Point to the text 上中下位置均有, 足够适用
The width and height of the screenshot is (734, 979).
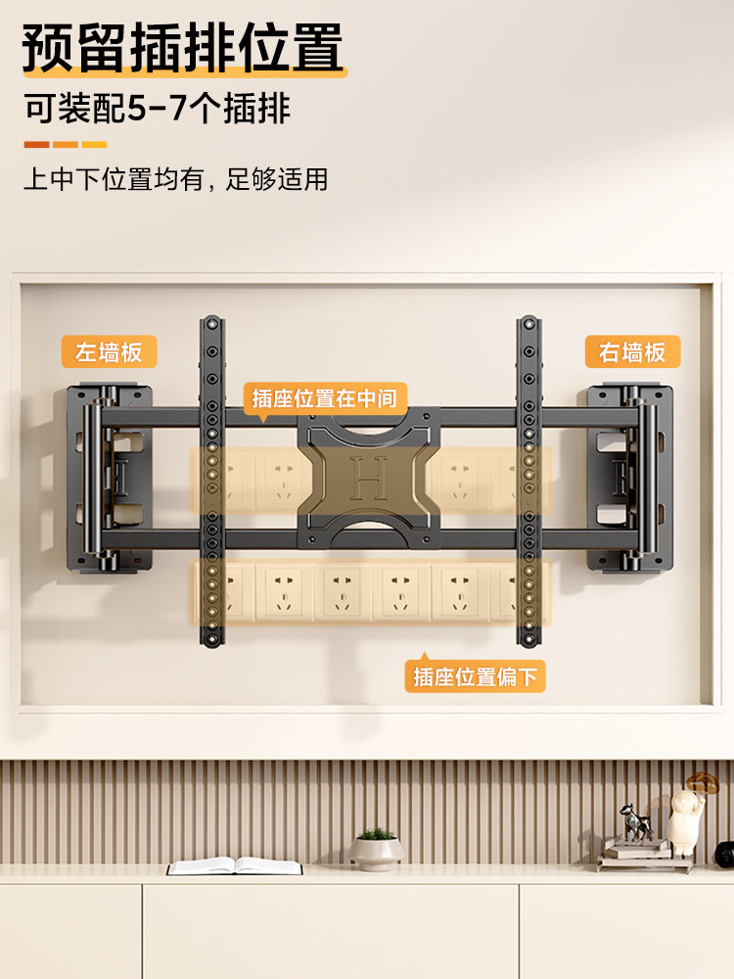click(175, 179)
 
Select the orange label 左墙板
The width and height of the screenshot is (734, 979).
click(109, 351)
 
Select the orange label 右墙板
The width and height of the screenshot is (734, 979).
click(632, 351)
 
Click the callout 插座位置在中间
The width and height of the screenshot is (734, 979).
click(324, 398)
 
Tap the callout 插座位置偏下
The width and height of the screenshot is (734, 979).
click(475, 676)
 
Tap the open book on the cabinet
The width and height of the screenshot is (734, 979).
click(235, 865)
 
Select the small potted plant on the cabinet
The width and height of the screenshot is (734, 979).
click(376, 848)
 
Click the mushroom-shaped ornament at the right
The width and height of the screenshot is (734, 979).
click(690, 813)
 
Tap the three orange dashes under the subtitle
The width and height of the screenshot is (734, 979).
click(65, 145)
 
